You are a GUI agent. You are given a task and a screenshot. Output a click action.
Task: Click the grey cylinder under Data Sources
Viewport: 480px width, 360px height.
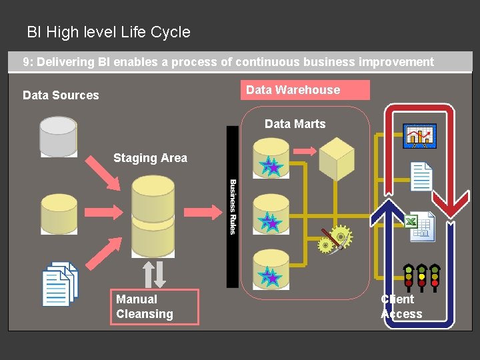58,137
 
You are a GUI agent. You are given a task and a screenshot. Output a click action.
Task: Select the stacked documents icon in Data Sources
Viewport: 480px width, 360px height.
60,284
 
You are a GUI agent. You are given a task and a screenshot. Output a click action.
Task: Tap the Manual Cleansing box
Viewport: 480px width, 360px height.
155,307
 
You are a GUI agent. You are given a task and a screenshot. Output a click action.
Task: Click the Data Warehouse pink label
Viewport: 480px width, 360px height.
305,90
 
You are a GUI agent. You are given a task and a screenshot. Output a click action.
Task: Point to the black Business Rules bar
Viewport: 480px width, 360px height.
233,207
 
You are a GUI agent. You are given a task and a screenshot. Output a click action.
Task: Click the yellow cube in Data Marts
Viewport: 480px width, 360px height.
337,159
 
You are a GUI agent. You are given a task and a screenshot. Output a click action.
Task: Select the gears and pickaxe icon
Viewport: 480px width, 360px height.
335,239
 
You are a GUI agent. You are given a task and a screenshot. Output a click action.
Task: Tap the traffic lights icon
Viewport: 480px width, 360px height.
421,277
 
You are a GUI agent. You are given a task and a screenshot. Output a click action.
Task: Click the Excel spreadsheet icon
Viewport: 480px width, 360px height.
420,227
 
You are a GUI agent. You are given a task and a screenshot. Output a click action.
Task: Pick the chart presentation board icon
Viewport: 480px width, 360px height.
420,136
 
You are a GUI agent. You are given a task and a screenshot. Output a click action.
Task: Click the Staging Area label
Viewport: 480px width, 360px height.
150,158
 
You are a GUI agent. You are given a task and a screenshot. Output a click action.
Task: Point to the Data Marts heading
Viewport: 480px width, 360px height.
295,124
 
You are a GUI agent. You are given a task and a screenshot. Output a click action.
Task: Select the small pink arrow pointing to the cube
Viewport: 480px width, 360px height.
305,151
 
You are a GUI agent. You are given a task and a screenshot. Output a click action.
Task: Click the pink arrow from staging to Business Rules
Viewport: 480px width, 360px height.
203,212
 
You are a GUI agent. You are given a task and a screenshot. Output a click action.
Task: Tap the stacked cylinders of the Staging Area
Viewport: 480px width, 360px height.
153,217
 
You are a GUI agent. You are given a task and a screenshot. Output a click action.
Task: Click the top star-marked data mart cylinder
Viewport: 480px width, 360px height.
271,158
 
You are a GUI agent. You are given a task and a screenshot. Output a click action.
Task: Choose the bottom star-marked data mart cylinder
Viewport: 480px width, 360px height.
271,270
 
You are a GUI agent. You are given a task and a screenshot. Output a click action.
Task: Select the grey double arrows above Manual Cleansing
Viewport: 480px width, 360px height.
154,274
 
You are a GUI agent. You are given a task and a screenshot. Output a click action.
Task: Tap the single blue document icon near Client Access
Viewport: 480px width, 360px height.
421,177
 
